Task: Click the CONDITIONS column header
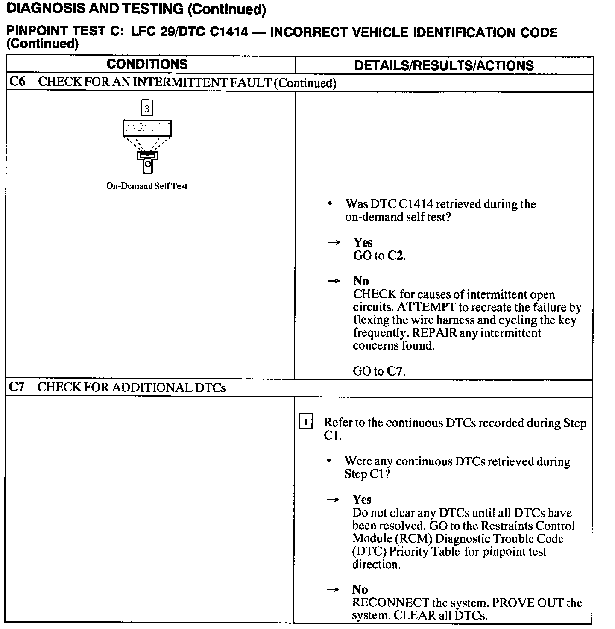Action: coord(147,65)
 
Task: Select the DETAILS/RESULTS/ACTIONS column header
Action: coord(444,65)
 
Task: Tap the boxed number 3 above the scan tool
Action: coord(147,109)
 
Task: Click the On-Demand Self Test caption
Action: coord(147,186)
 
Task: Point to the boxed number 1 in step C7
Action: coord(306,422)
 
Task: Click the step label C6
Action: coord(18,82)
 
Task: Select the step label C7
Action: coord(17,387)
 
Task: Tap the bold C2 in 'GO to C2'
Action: coord(395,256)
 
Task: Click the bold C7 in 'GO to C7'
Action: coord(395,371)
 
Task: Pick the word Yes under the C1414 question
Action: coord(363,243)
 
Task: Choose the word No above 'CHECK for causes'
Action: coord(361,281)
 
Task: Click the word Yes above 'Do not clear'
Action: coord(362,500)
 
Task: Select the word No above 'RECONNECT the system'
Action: coord(360,590)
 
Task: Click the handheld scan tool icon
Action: coord(147,162)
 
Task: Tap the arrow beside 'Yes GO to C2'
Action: coord(334,243)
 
